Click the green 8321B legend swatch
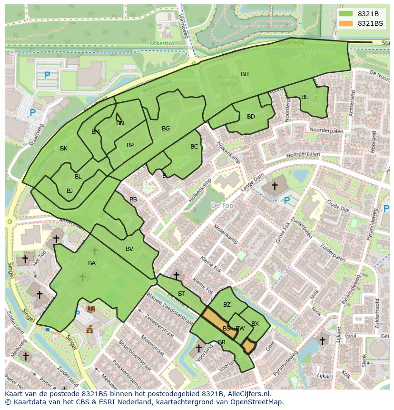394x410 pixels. [346, 14]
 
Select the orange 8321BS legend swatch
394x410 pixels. [346, 23]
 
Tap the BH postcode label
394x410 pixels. [245, 74]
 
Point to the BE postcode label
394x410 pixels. [305, 97]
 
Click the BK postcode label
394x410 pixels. [64, 149]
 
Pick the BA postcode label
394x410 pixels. [92, 263]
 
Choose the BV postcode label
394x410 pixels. [129, 249]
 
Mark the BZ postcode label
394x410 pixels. [227, 305]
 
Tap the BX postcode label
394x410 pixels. [255, 324]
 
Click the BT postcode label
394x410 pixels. [181, 294]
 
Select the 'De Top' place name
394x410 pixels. [222, 205]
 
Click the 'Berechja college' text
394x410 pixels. [228, 80]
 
